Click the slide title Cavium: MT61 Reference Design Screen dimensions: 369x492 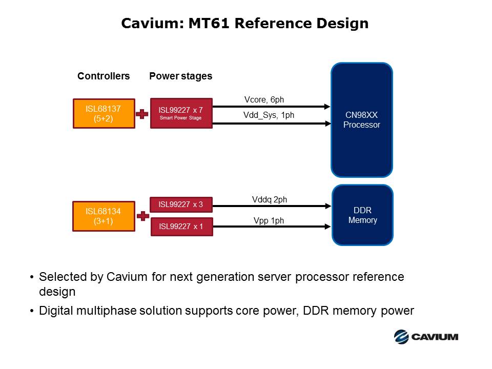tap(244, 24)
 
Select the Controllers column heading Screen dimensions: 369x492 tap(104, 76)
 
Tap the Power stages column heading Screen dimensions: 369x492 tap(180, 76)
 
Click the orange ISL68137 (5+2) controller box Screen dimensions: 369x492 tap(104, 113)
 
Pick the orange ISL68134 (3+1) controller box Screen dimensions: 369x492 tap(104, 216)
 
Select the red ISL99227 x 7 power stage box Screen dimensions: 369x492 tap(181, 113)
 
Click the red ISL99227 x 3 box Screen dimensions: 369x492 tap(181, 204)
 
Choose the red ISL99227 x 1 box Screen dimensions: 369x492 tap(181, 227)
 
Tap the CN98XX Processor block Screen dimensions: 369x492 tap(361, 120)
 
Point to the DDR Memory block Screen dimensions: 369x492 tap(362, 215)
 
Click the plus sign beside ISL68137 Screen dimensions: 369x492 tap(142, 114)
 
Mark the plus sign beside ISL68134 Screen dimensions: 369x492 tap(142, 216)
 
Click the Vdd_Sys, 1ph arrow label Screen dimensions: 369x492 tap(269, 115)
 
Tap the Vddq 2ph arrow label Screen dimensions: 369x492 tap(270, 199)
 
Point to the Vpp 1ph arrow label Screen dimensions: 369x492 tap(269, 221)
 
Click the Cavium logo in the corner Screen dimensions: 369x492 tap(426, 336)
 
